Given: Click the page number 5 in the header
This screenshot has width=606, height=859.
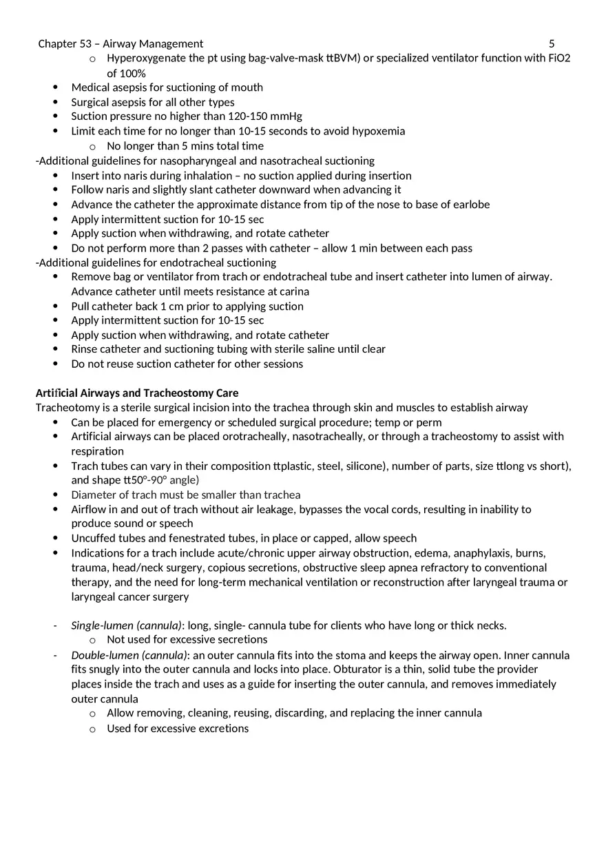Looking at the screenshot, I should coord(552,43).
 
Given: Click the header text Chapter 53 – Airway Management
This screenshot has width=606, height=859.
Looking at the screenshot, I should coord(121,43).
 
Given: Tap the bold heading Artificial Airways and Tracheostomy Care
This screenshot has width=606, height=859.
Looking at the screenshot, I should coord(137,393).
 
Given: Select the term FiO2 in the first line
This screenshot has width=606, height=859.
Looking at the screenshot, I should coord(559,58).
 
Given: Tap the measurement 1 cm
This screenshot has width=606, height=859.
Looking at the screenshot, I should coord(171,307).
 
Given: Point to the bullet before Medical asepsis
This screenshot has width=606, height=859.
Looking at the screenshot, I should coord(56,87).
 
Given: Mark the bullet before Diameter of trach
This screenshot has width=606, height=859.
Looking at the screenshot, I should coord(56,495).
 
